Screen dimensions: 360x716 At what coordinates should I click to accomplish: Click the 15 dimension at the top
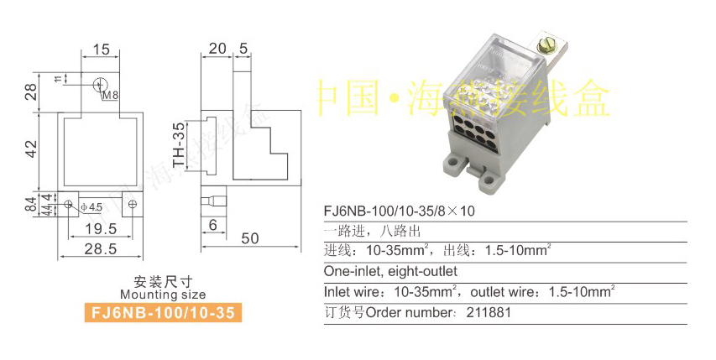click(102, 50)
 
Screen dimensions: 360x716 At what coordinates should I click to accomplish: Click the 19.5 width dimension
click(100, 228)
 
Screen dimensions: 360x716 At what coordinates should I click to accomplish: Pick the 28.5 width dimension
click(100, 248)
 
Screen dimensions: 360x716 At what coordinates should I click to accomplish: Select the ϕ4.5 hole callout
click(91, 206)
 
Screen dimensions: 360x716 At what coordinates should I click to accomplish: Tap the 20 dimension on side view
click(217, 49)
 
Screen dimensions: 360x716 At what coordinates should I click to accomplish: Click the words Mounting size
click(163, 295)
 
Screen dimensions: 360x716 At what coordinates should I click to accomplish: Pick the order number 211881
click(487, 313)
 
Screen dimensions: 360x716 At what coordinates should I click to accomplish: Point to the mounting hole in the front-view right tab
click(131, 204)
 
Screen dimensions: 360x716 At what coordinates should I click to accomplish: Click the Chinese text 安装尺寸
click(163, 281)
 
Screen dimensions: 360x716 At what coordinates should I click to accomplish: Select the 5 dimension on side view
click(243, 49)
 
